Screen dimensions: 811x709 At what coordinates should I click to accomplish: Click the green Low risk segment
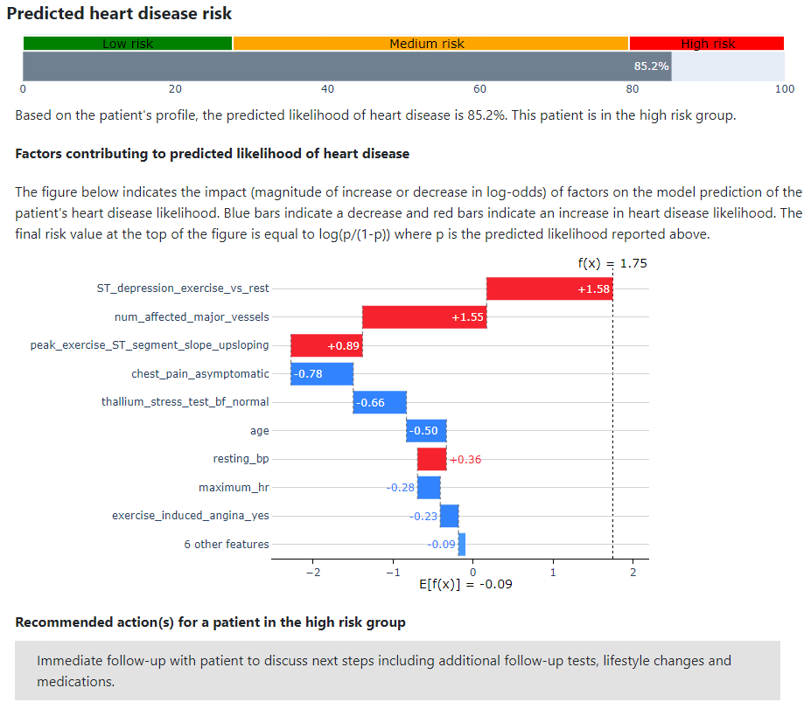(128, 44)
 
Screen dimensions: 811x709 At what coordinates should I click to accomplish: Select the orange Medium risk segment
(430, 44)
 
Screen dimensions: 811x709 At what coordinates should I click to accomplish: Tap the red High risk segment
(707, 44)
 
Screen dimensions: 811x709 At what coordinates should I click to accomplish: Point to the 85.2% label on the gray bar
(651, 66)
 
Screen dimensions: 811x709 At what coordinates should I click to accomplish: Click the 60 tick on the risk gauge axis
(479, 89)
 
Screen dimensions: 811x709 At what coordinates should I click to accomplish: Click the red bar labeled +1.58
(549, 288)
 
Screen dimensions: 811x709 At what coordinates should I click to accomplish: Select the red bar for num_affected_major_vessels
(424, 316)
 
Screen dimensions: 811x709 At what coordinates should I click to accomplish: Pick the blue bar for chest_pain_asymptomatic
(322, 373)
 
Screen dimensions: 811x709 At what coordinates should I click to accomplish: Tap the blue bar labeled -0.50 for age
(426, 430)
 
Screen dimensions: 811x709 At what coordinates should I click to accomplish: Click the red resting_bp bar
(432, 459)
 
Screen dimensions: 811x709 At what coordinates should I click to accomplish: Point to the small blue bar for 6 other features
(462, 544)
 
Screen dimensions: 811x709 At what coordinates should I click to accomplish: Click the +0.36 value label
(465, 459)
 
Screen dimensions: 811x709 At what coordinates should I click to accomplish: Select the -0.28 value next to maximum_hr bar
(401, 487)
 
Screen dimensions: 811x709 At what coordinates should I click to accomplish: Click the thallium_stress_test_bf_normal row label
(185, 402)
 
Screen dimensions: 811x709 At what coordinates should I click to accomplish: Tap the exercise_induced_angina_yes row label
(191, 516)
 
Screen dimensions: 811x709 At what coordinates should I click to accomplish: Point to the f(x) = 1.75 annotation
(612, 263)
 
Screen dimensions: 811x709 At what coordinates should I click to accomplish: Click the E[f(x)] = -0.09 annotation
(465, 584)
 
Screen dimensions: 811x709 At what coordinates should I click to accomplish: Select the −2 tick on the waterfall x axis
(313, 572)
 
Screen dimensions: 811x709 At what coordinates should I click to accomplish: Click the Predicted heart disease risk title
(119, 13)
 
